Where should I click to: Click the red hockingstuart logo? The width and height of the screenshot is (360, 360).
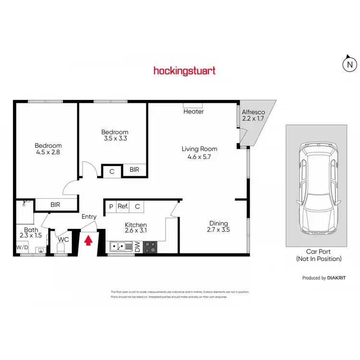point(184,71)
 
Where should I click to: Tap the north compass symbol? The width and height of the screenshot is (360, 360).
point(350,64)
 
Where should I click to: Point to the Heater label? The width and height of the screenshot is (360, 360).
point(193,111)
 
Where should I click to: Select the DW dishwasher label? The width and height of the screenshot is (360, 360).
point(137,247)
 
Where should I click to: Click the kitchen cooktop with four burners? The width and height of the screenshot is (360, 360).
point(150,247)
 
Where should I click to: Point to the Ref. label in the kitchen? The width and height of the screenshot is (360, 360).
point(123,206)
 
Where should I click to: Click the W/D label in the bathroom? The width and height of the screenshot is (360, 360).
point(22,248)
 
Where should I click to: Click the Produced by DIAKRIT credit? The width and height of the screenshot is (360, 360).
point(321,278)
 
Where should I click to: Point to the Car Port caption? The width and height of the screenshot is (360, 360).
point(319,255)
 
